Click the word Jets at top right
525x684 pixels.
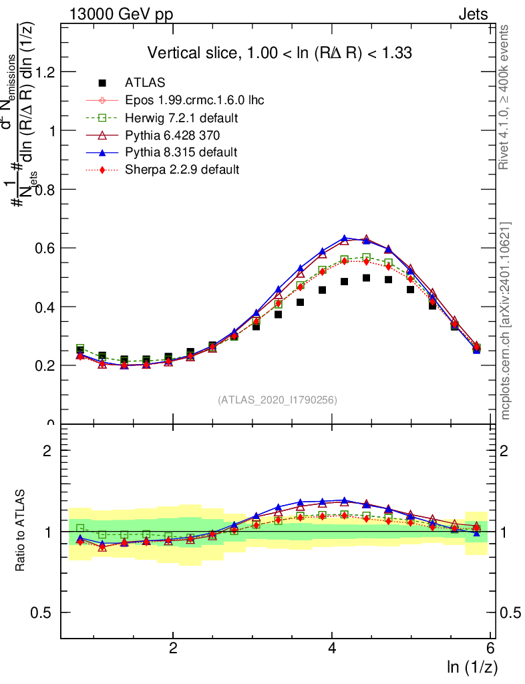(x=473, y=14)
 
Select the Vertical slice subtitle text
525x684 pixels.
(x=280, y=53)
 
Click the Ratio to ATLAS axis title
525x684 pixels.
(x=21, y=530)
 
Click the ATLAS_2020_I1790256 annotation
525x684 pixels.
(x=277, y=400)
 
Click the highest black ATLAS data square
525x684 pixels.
(x=366, y=278)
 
